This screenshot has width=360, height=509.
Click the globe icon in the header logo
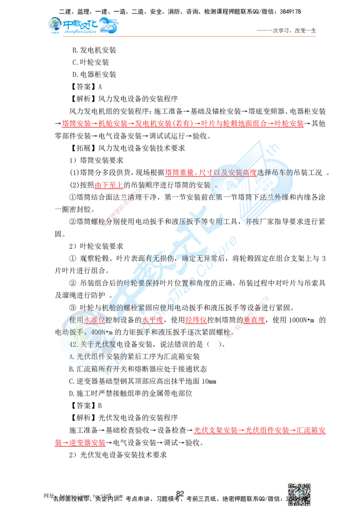[x=54, y=25]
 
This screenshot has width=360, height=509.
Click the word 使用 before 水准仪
[x=76, y=320]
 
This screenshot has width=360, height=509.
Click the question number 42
[x=75, y=344]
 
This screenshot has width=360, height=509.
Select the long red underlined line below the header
[x=183, y=124]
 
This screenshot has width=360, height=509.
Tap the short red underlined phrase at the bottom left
[x=80, y=442]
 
